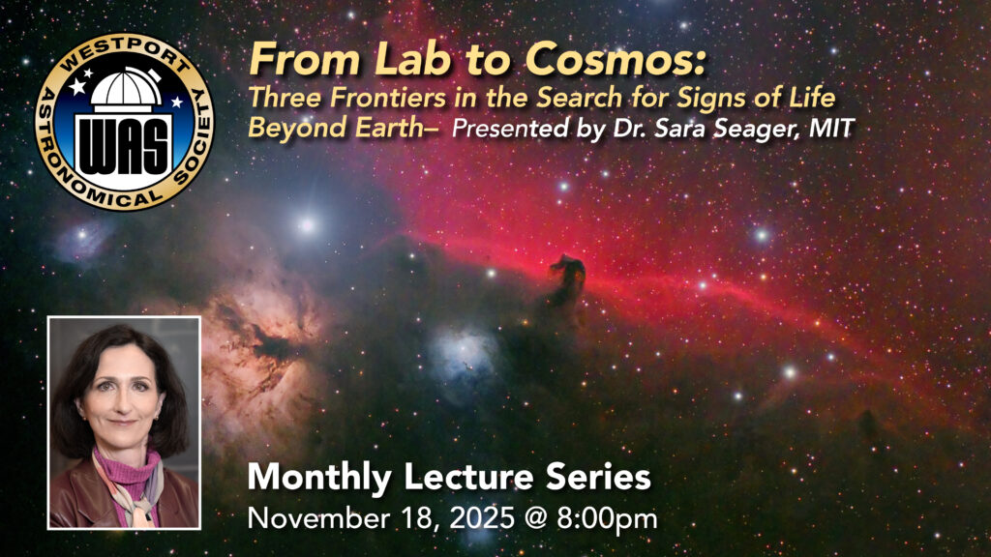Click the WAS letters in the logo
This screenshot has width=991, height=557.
pos(125,147)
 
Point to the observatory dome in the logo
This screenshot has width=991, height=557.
pos(126,87)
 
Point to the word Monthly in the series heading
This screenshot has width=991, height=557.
pos(319,478)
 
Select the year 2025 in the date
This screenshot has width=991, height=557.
pos(482,518)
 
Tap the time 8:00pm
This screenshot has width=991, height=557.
pos(608,519)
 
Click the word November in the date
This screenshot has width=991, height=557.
pos(318,518)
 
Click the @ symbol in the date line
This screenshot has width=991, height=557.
pos(536,519)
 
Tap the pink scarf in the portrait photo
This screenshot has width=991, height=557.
pos(127,474)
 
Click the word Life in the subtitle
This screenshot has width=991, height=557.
pos(814,98)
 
